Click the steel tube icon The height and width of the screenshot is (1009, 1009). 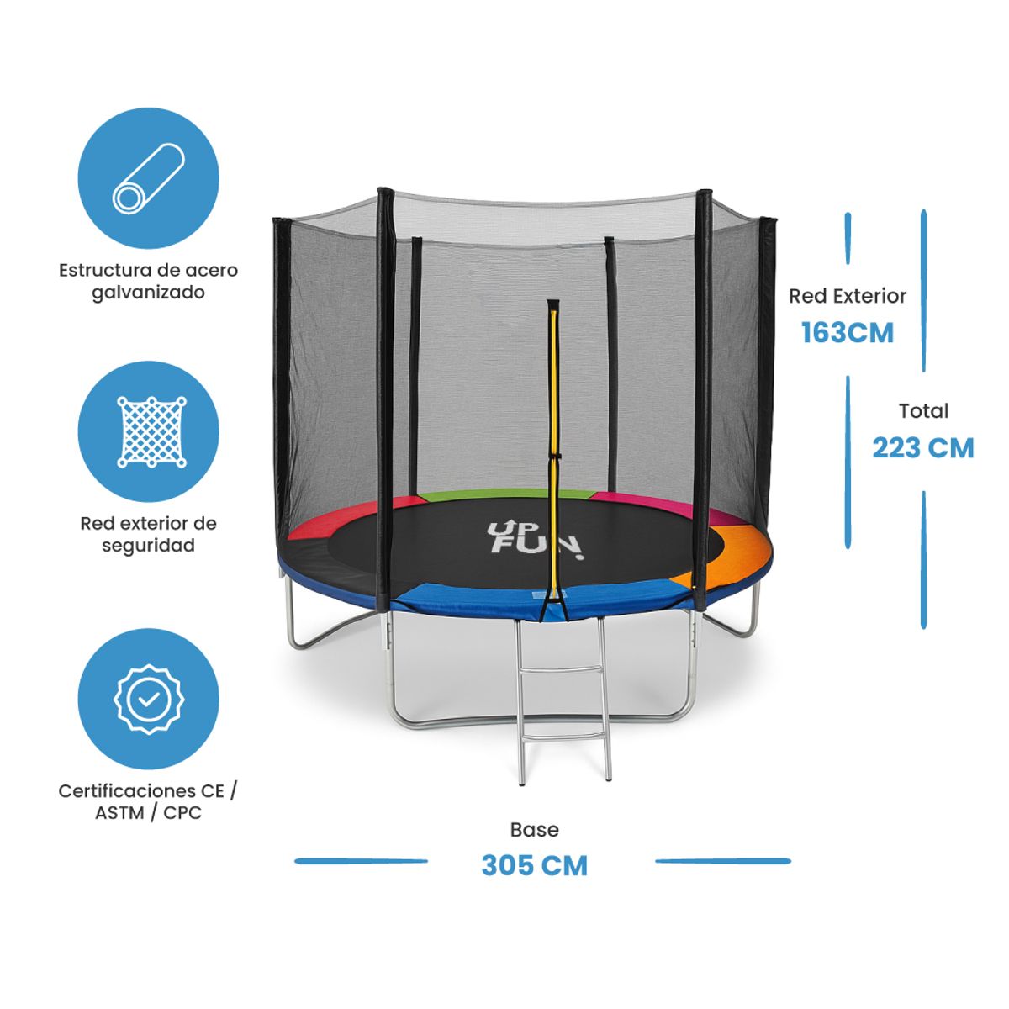pos(149,177)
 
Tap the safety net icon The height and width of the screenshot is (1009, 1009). pos(149,431)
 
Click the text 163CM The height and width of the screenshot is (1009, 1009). pos(847,333)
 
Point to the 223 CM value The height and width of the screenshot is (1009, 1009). pos(922,448)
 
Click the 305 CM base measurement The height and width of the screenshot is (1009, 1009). pos(534,865)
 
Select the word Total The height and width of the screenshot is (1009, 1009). pos(923,411)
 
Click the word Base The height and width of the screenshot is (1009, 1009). pos(534,830)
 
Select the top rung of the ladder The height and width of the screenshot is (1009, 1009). pos(561,670)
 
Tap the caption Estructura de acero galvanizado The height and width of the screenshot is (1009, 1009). pos(149,282)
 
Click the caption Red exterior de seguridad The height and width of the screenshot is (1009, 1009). pos(149,534)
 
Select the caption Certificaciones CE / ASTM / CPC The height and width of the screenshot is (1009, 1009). pos(149,801)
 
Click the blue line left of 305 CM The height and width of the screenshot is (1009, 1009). pos(362,861)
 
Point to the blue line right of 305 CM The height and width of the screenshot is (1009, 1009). pos(722,861)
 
